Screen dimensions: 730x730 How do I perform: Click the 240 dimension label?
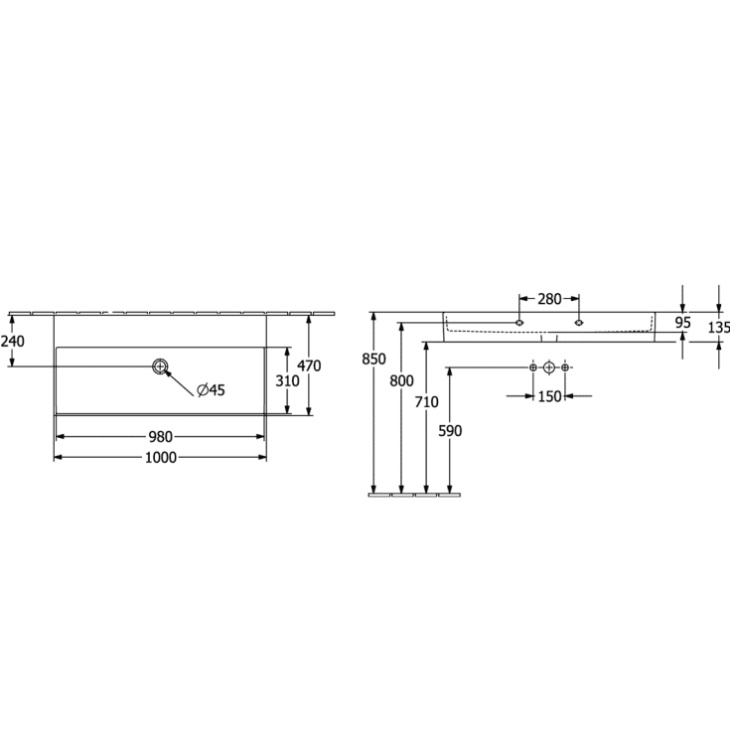[12, 342]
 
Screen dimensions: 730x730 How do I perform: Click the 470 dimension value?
[309, 365]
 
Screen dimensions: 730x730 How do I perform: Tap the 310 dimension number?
[287, 380]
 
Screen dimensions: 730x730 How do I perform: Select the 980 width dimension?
[160, 437]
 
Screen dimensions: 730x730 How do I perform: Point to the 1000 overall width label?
[161, 458]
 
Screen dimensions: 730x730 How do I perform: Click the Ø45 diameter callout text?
[211, 389]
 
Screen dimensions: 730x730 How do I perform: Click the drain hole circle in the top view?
[160, 366]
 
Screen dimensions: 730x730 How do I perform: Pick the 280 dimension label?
[549, 299]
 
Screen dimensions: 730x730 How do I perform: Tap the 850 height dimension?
[373, 359]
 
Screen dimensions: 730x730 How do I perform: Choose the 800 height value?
[401, 380]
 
